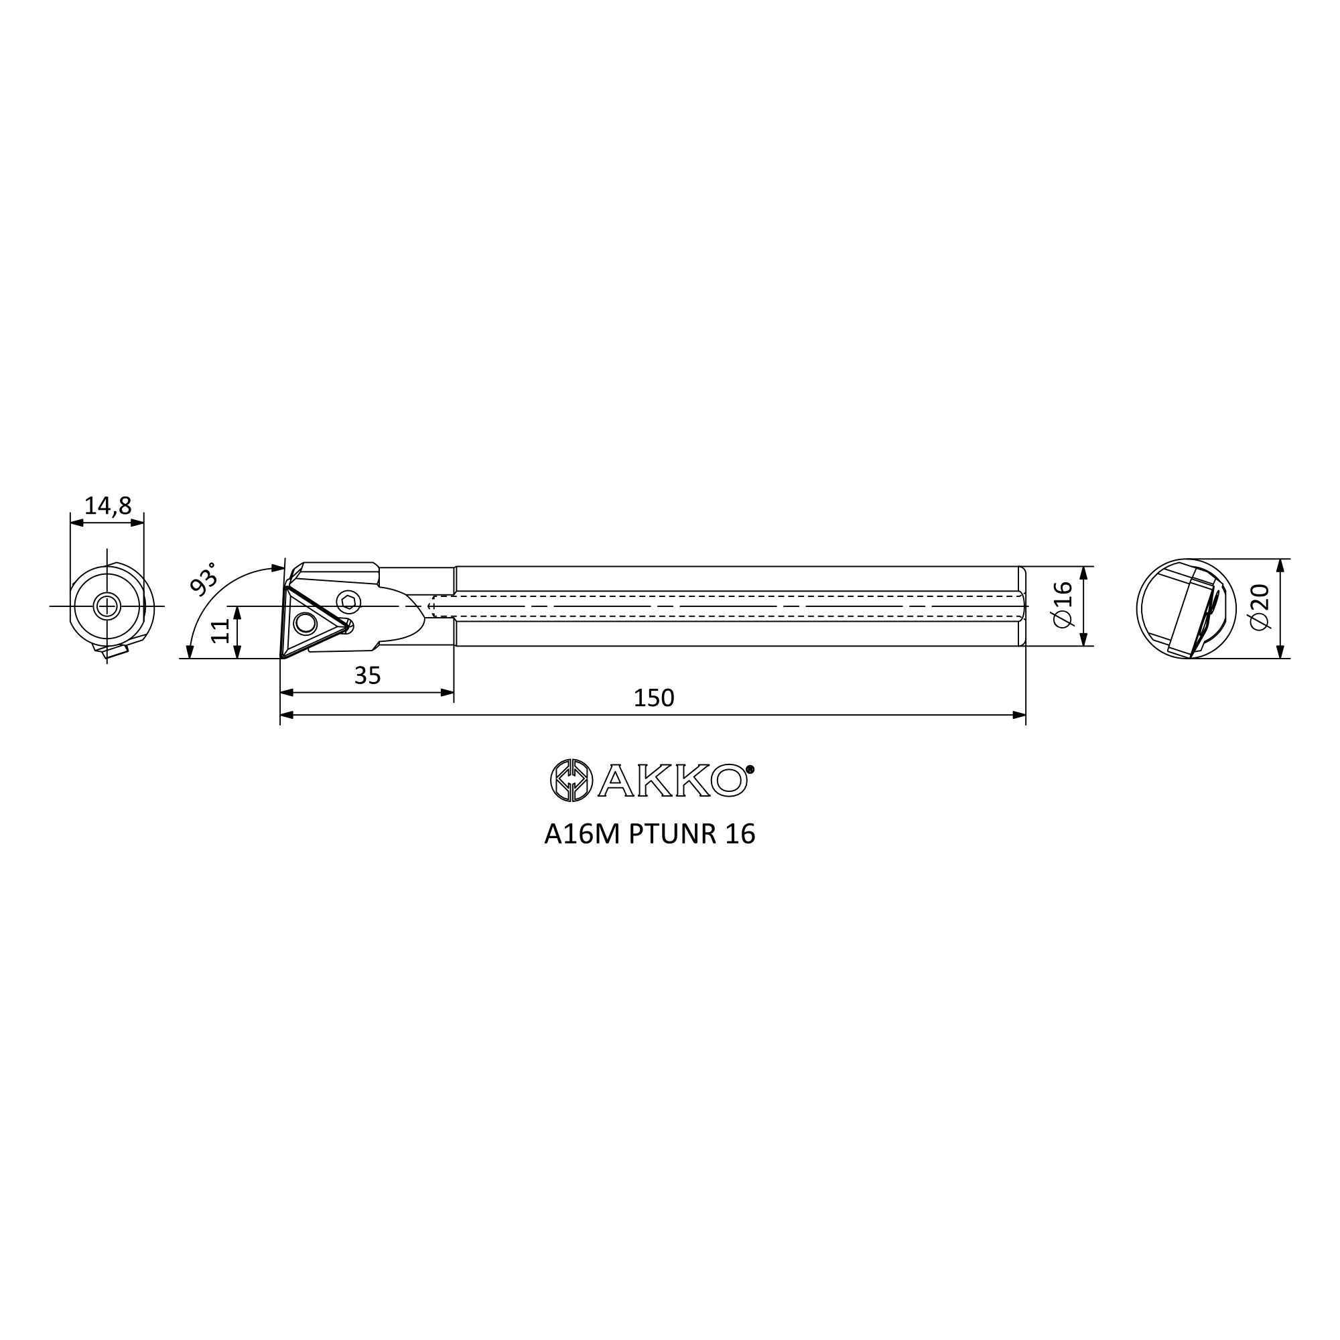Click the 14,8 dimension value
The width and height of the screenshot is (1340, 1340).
[x=107, y=507]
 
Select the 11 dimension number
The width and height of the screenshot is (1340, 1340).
[x=220, y=631]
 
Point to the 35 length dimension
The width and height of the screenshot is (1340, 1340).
[x=368, y=675]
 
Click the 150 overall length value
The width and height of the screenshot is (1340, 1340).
[x=653, y=697]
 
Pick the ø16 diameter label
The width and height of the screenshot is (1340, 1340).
[x=1063, y=604]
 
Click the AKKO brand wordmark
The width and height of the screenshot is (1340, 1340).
[x=672, y=781]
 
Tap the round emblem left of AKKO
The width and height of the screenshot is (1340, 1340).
[x=571, y=781]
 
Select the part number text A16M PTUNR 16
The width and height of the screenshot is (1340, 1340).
[x=650, y=834]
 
